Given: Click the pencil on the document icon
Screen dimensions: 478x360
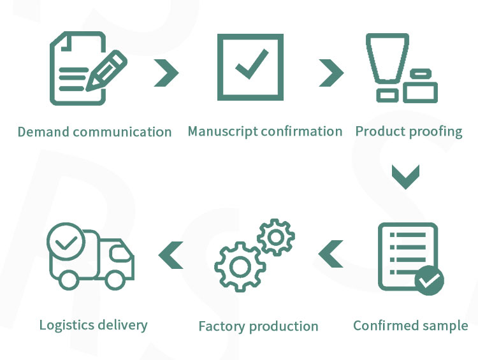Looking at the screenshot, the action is point(106,71).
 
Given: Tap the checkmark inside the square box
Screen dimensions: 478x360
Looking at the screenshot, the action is point(252,64).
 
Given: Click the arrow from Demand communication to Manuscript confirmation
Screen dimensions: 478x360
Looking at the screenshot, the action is point(166,73).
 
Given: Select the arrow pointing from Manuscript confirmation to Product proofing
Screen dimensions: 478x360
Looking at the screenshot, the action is point(331,73).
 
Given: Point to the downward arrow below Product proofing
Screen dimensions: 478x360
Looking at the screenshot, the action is point(406,176).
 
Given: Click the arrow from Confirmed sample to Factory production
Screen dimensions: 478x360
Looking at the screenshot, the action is point(330,254).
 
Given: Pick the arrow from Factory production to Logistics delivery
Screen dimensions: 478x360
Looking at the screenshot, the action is point(171,255).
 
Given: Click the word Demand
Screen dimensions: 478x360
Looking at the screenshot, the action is point(43,132).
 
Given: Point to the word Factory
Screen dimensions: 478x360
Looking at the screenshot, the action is point(222,326).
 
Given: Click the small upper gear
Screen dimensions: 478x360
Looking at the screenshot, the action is point(276,238).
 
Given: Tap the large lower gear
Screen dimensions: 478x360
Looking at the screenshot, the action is point(240,266).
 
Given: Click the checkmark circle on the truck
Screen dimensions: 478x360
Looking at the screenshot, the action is point(66,241).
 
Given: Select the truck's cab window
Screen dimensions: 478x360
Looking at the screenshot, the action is point(120,253).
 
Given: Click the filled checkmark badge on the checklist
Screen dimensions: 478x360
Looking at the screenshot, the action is point(429,280).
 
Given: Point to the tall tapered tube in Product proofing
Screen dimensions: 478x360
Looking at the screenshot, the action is point(387,58).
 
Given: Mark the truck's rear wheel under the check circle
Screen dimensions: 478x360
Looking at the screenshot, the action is point(68,280).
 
